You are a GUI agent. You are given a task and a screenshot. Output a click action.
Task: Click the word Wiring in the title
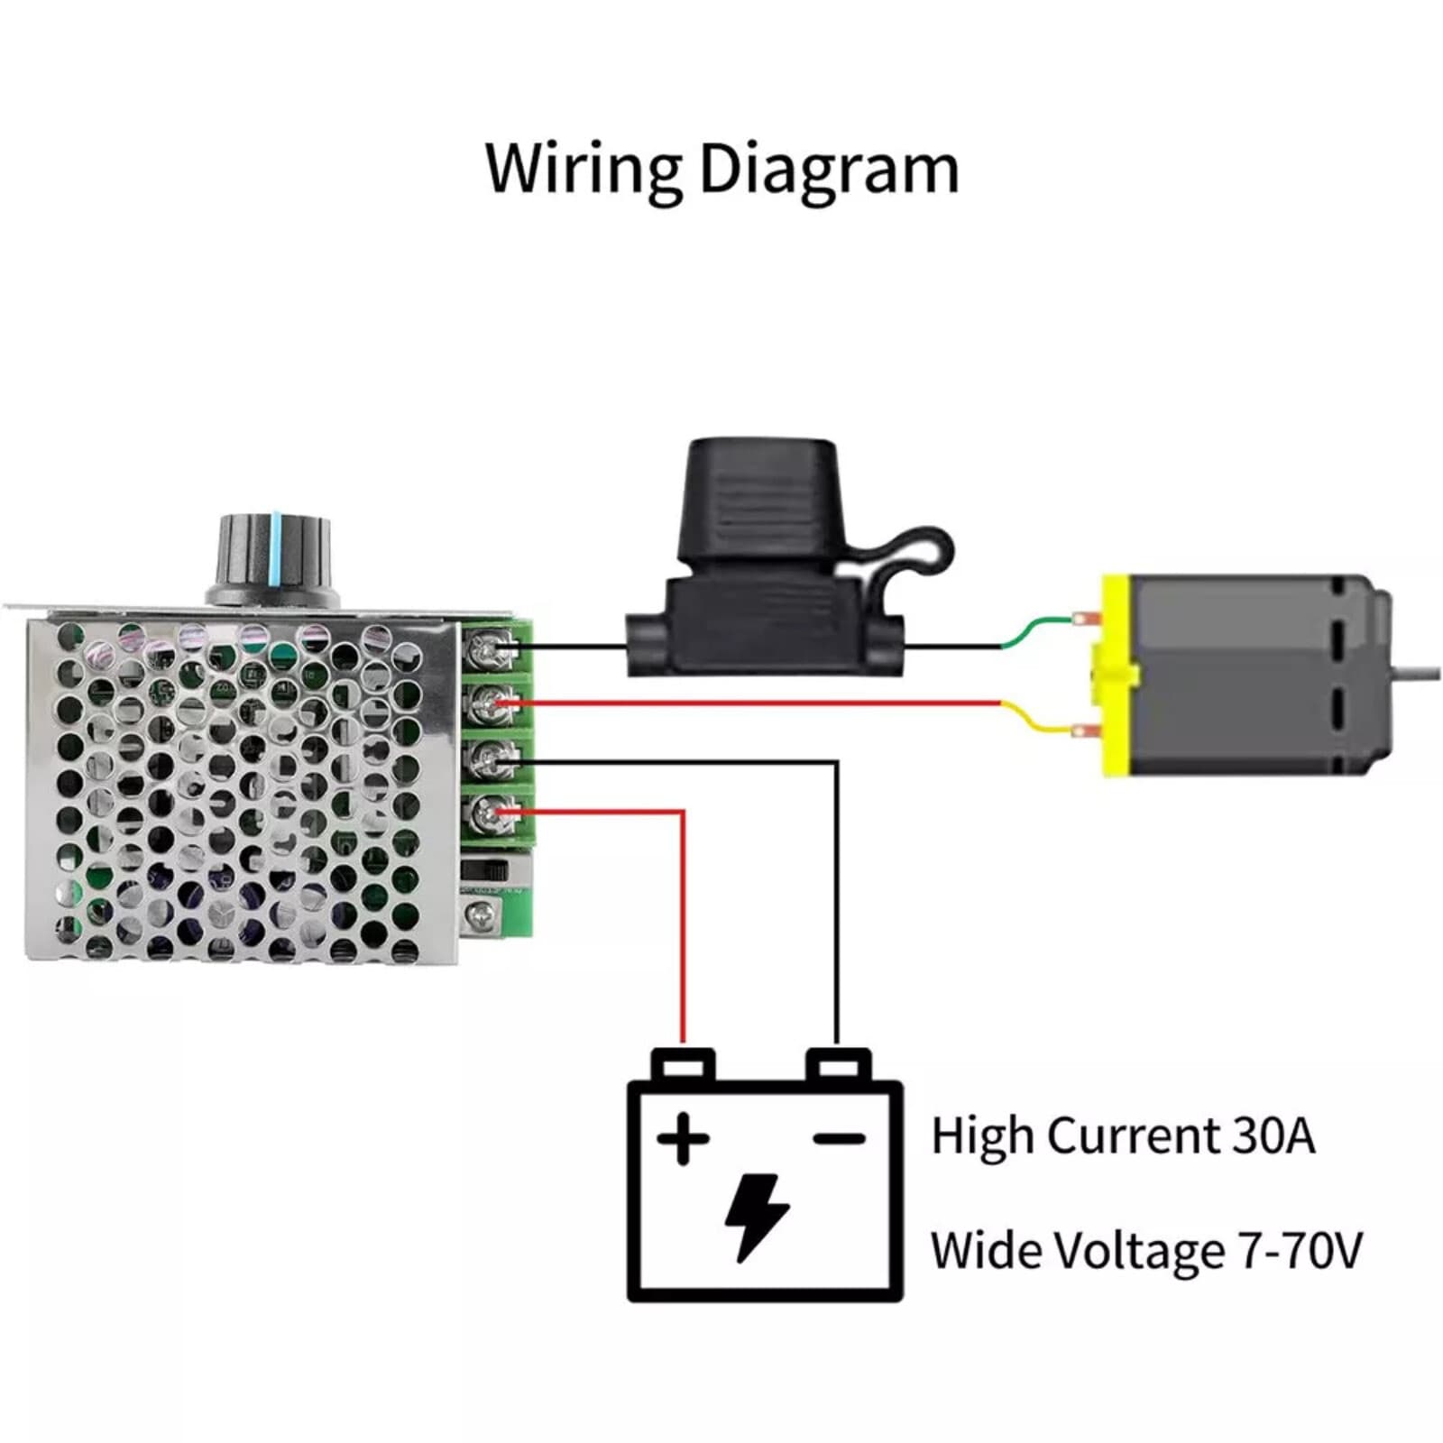point(583,169)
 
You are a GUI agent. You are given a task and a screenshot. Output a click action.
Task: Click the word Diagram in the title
point(828,169)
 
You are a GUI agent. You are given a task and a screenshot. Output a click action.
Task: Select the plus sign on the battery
point(683,1139)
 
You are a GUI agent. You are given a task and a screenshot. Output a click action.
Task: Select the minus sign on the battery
point(839,1139)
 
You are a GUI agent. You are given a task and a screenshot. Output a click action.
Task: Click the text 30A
point(1273,1135)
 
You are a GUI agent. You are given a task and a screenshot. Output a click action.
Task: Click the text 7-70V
point(1300,1251)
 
